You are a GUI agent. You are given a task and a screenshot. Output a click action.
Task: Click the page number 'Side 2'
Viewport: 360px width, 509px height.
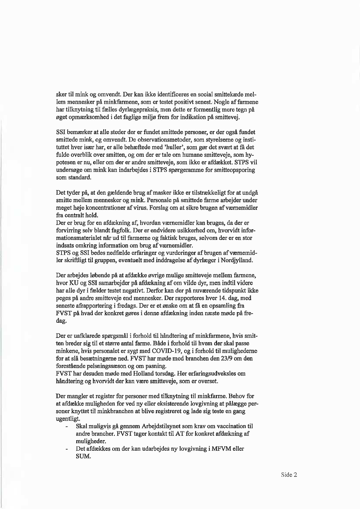[288, 475]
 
